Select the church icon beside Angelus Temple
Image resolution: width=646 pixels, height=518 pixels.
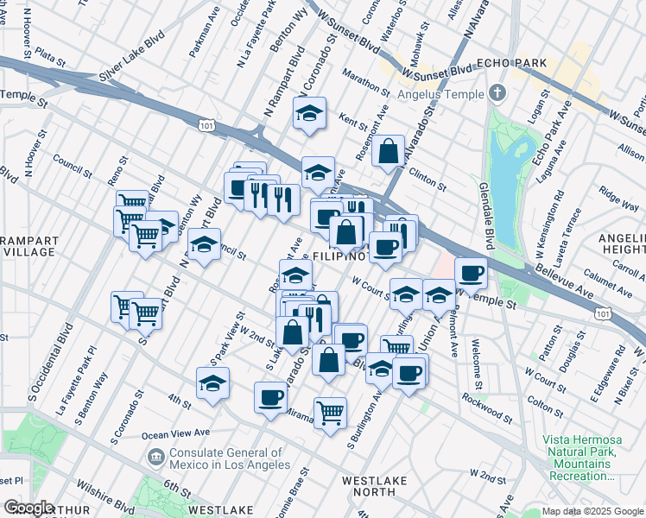[x=497, y=92]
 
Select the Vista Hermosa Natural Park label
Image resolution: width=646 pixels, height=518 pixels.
[x=580, y=458]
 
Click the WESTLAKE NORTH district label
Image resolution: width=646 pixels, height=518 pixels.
[x=379, y=487]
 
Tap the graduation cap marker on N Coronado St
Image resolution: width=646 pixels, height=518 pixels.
[x=308, y=114]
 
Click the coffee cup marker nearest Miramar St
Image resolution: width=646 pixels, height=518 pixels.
[x=271, y=398]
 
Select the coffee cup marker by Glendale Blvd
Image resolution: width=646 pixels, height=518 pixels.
[x=471, y=274]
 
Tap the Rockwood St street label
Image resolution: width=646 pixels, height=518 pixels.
[x=488, y=399]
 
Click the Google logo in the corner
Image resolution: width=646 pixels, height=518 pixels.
[x=28, y=509]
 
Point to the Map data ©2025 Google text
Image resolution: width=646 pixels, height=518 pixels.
[x=592, y=511]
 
